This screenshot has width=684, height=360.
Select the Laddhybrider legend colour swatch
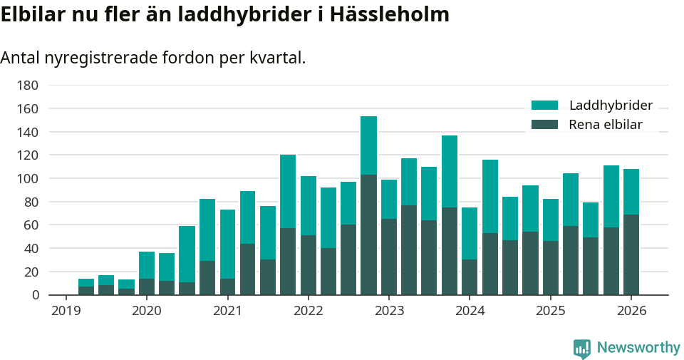click(544, 106)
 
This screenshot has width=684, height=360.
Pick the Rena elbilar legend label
click(606, 125)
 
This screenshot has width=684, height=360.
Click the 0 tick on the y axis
click(33, 294)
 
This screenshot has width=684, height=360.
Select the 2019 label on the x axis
click(66, 311)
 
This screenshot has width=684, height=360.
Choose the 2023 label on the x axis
click(389, 311)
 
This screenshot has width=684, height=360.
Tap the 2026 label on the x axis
click(631, 311)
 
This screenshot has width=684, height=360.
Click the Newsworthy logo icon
click(581, 348)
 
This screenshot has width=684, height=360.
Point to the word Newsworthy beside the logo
click(638, 348)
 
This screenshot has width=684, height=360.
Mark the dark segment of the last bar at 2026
click(631, 254)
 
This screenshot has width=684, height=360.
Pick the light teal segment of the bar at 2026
click(631, 192)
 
